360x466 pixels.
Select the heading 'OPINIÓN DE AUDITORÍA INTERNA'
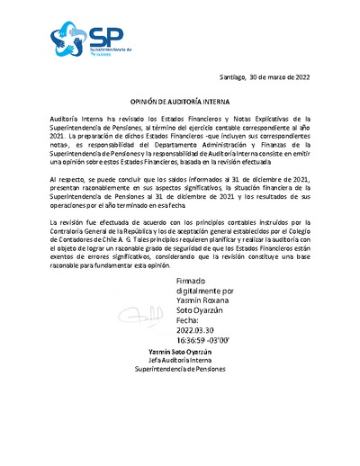pos(180,103)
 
